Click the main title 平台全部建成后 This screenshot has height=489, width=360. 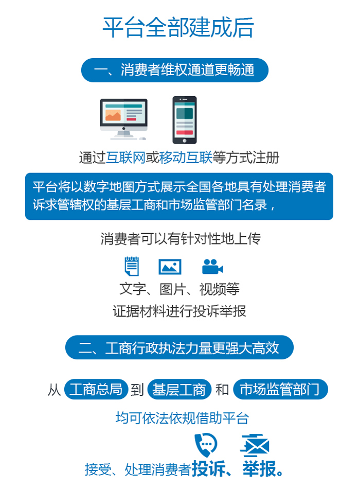click(178, 27)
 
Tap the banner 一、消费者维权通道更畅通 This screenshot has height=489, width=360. click(174, 70)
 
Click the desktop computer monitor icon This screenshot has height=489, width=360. click(124, 119)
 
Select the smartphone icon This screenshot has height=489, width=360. click(185, 120)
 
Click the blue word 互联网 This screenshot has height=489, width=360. click(125, 158)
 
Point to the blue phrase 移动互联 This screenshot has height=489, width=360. click(186, 158)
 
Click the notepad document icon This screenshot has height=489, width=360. click(132, 266)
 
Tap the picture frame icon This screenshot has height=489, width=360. click(170, 267)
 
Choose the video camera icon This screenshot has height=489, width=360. click(212, 267)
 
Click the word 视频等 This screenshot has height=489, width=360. click(220, 289)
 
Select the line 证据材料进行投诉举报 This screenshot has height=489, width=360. click(179, 311)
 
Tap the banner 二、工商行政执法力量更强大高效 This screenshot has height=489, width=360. click(179, 347)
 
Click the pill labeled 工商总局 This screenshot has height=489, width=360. click(96, 389)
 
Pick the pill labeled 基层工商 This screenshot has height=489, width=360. click(179, 389)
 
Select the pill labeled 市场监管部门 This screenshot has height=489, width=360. click(280, 389)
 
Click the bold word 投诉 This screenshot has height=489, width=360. click(208, 468)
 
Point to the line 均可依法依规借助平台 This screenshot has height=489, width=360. click(183, 418)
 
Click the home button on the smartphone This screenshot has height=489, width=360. click(185, 141)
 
